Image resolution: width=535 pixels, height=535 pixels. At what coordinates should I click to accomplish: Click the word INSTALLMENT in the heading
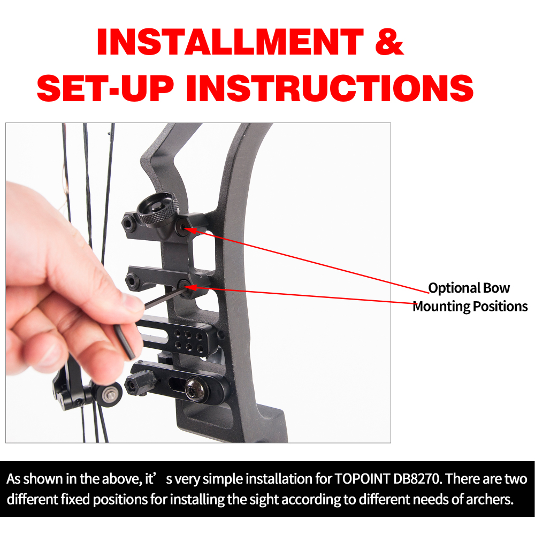(230, 42)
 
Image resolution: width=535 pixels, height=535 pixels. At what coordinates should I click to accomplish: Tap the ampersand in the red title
(389, 42)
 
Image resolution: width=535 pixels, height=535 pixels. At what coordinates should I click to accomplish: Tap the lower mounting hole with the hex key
(186, 285)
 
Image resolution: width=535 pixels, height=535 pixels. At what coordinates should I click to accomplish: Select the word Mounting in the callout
(441, 307)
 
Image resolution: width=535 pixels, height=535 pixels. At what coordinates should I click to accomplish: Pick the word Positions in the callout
(500, 307)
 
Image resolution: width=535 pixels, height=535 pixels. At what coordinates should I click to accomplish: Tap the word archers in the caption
(487, 501)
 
